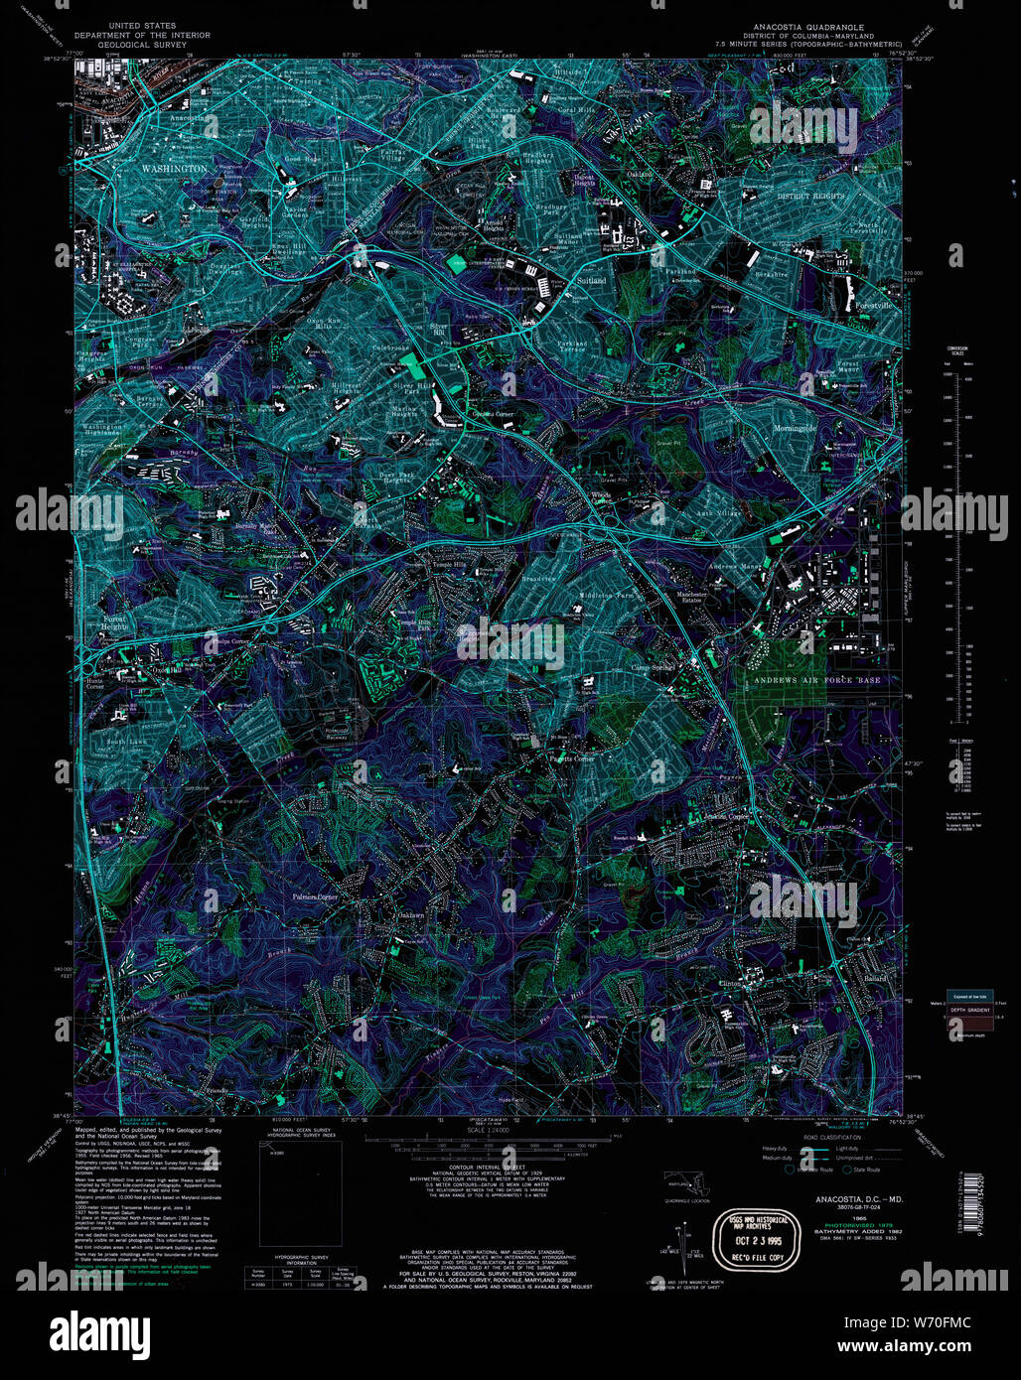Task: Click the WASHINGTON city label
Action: (x=174, y=169)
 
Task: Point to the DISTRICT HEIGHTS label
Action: (x=809, y=196)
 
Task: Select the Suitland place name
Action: (x=591, y=281)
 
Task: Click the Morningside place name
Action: (x=816, y=428)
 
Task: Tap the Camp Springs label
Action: (x=654, y=668)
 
